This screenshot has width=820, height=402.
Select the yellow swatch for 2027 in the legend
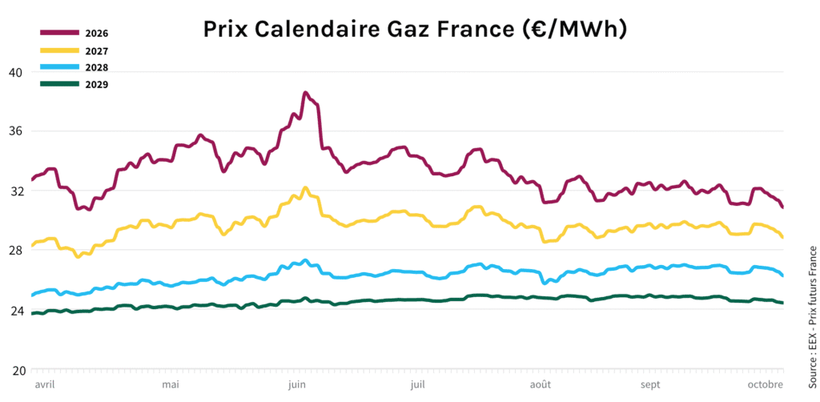60,50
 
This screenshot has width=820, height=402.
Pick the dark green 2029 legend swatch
60,84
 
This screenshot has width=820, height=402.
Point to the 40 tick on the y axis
14,71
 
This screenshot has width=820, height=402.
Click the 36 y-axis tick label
14,131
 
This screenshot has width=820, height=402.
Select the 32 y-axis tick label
14,191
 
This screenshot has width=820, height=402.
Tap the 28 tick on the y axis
14,250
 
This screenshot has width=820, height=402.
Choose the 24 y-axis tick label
14,310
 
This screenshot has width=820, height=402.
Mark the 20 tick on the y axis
14,370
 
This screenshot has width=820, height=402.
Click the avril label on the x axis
44,384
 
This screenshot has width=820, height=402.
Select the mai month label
170,384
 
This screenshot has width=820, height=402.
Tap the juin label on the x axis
295,384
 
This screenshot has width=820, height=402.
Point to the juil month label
417,384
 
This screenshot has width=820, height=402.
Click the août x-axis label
541,384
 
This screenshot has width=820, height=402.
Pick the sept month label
650,384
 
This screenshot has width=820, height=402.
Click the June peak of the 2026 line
305,94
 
